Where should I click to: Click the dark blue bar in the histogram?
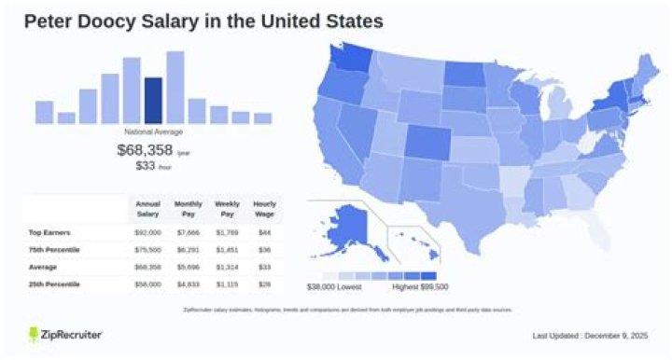tap(153, 101)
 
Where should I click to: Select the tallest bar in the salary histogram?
tap(175, 88)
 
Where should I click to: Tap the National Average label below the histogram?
tap(153, 132)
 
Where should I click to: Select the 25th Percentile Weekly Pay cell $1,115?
tap(227, 283)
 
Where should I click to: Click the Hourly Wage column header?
tap(264, 208)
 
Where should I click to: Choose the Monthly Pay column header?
tap(187, 208)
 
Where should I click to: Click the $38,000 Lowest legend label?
tap(334, 285)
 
